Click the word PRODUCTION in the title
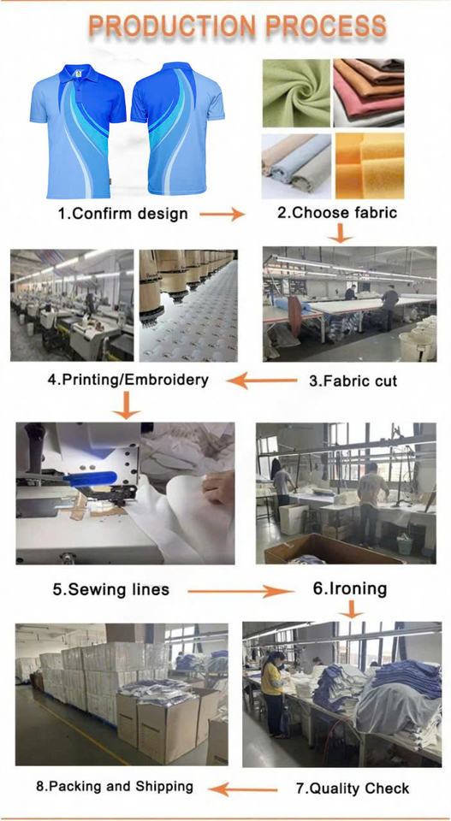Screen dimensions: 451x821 pyautogui.click(x=174, y=27)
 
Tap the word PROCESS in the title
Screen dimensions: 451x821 pyautogui.click(x=327, y=27)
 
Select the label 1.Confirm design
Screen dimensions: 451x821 pyautogui.click(x=123, y=213)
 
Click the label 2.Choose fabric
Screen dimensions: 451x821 pyautogui.click(x=337, y=212)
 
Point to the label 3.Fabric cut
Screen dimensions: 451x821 pyautogui.click(x=353, y=380)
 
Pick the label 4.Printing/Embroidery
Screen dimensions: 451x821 pyautogui.click(x=128, y=380)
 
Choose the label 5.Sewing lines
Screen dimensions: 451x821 pyautogui.click(x=111, y=589)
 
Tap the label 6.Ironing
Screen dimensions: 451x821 pyautogui.click(x=350, y=588)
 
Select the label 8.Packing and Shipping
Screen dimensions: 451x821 pyautogui.click(x=114, y=786)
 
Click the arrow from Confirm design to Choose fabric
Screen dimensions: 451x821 pyautogui.click(x=223, y=214)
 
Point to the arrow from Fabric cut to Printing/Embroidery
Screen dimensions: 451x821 pyautogui.click(x=263, y=381)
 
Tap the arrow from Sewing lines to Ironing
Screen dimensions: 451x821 pyautogui.click(x=239, y=592)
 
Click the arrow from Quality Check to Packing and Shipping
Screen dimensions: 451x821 pyautogui.click(x=247, y=789)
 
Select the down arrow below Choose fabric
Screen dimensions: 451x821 pyautogui.click(x=341, y=233)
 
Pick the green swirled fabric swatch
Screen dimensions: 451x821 pyautogui.click(x=295, y=93)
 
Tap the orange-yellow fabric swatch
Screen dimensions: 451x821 pyautogui.click(x=370, y=166)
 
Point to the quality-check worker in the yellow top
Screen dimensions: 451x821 pyautogui.click(x=273, y=690)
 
